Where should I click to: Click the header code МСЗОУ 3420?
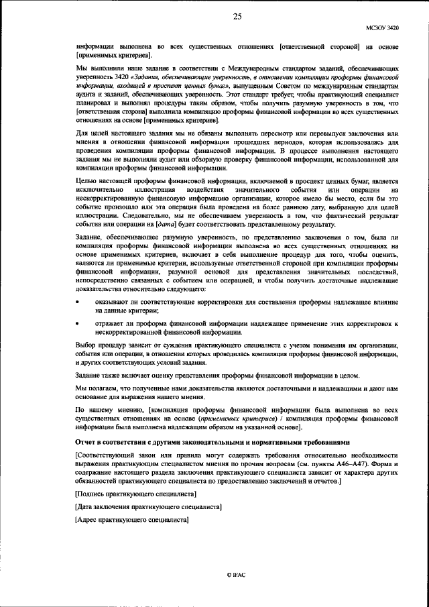(x=382, y=28)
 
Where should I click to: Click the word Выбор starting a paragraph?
(x=88, y=345)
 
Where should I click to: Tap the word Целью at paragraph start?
(x=89, y=182)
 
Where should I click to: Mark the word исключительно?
(x=101, y=190)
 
